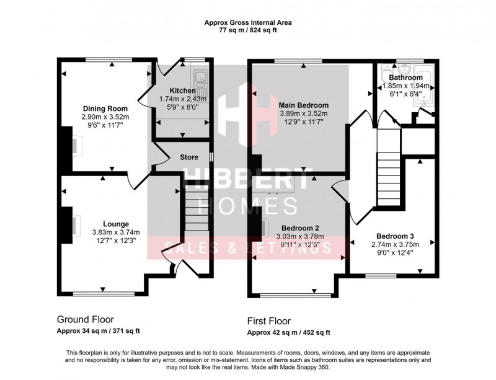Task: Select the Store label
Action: [189, 157]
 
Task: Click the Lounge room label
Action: [116, 224]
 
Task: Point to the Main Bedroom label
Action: [303, 105]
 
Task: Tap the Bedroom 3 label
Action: [395, 236]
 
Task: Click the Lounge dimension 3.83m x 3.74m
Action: [116, 232]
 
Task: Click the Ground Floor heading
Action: [86, 320]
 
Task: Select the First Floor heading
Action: [268, 321]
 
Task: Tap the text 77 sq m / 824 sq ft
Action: [248, 29]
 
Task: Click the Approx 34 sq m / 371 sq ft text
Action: [99, 332]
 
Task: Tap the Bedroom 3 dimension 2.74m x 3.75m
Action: [395, 244]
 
